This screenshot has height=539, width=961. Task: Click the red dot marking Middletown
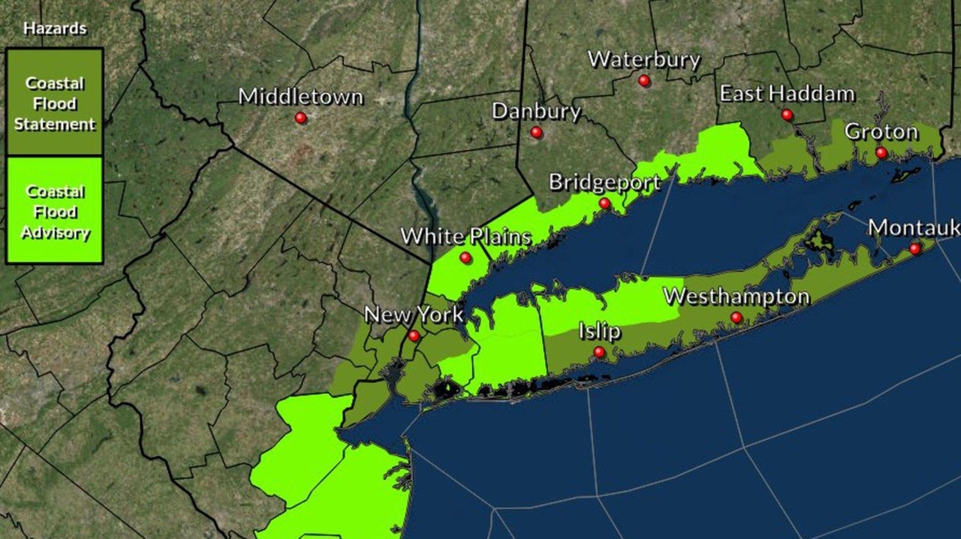pos(300,118)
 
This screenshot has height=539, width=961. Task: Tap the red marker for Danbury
pos(536,132)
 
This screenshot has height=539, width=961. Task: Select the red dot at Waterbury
pos(644,80)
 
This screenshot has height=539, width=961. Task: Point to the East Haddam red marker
pos(787,115)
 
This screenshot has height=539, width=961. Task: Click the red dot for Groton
pos(881,153)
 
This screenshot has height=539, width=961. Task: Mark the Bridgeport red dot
pos(604,203)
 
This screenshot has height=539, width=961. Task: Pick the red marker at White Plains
pos(465,257)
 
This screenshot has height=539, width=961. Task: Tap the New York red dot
pos(414,336)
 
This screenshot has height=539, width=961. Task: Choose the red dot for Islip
pos(599,352)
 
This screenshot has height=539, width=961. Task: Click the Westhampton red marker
pos(737,318)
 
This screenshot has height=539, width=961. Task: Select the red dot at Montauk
pos(915,248)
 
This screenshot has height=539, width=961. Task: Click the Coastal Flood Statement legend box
pos(55,102)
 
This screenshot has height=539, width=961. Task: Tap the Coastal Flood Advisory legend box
pos(55,210)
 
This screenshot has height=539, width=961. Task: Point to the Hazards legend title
pos(55,29)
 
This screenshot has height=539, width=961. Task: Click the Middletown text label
pos(300,97)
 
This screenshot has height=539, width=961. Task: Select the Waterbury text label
pos(644,60)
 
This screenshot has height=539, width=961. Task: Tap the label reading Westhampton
pos(737,297)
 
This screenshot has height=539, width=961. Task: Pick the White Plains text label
pos(465,236)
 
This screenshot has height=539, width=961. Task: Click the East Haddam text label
pos(787,94)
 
